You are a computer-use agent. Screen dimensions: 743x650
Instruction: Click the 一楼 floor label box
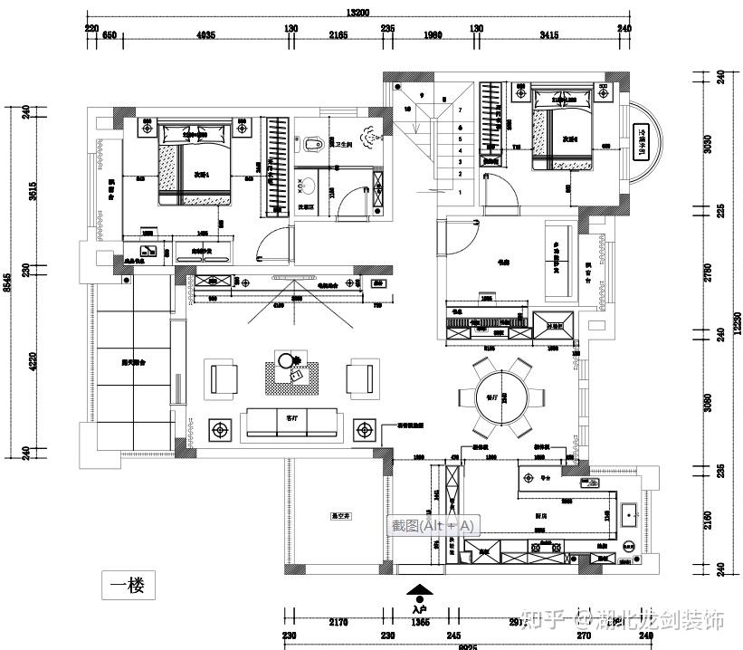128,586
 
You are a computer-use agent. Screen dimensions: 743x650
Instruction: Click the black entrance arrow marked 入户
419,593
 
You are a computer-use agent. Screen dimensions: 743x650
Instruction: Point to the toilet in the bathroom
314,145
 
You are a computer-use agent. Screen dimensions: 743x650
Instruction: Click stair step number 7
461,110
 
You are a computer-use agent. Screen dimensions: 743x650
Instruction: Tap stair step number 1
460,192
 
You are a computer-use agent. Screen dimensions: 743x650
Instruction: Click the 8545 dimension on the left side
7,282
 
